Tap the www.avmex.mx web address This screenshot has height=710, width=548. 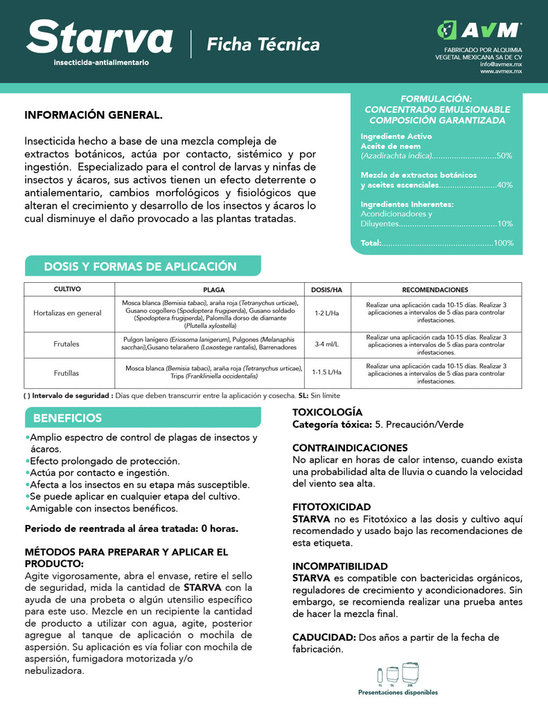tap(501, 71)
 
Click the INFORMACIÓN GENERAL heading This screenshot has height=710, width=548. tap(94, 115)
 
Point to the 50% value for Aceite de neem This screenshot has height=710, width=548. tap(504, 156)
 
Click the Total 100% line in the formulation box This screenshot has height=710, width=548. tap(436, 243)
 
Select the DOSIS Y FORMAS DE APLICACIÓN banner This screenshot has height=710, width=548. tap(140, 267)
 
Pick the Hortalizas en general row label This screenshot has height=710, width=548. tap(67, 313)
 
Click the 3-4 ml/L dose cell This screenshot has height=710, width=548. tap(326, 343)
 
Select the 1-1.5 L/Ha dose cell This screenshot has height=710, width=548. tap(326, 372)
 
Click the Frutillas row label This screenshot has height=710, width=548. tap(67, 373)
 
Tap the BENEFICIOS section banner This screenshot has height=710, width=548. tap(67, 418)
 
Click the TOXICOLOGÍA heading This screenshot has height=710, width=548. tap(327, 413)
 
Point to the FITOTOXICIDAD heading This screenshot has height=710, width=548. tap(331, 508)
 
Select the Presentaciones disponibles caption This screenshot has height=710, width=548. tap(398, 692)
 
